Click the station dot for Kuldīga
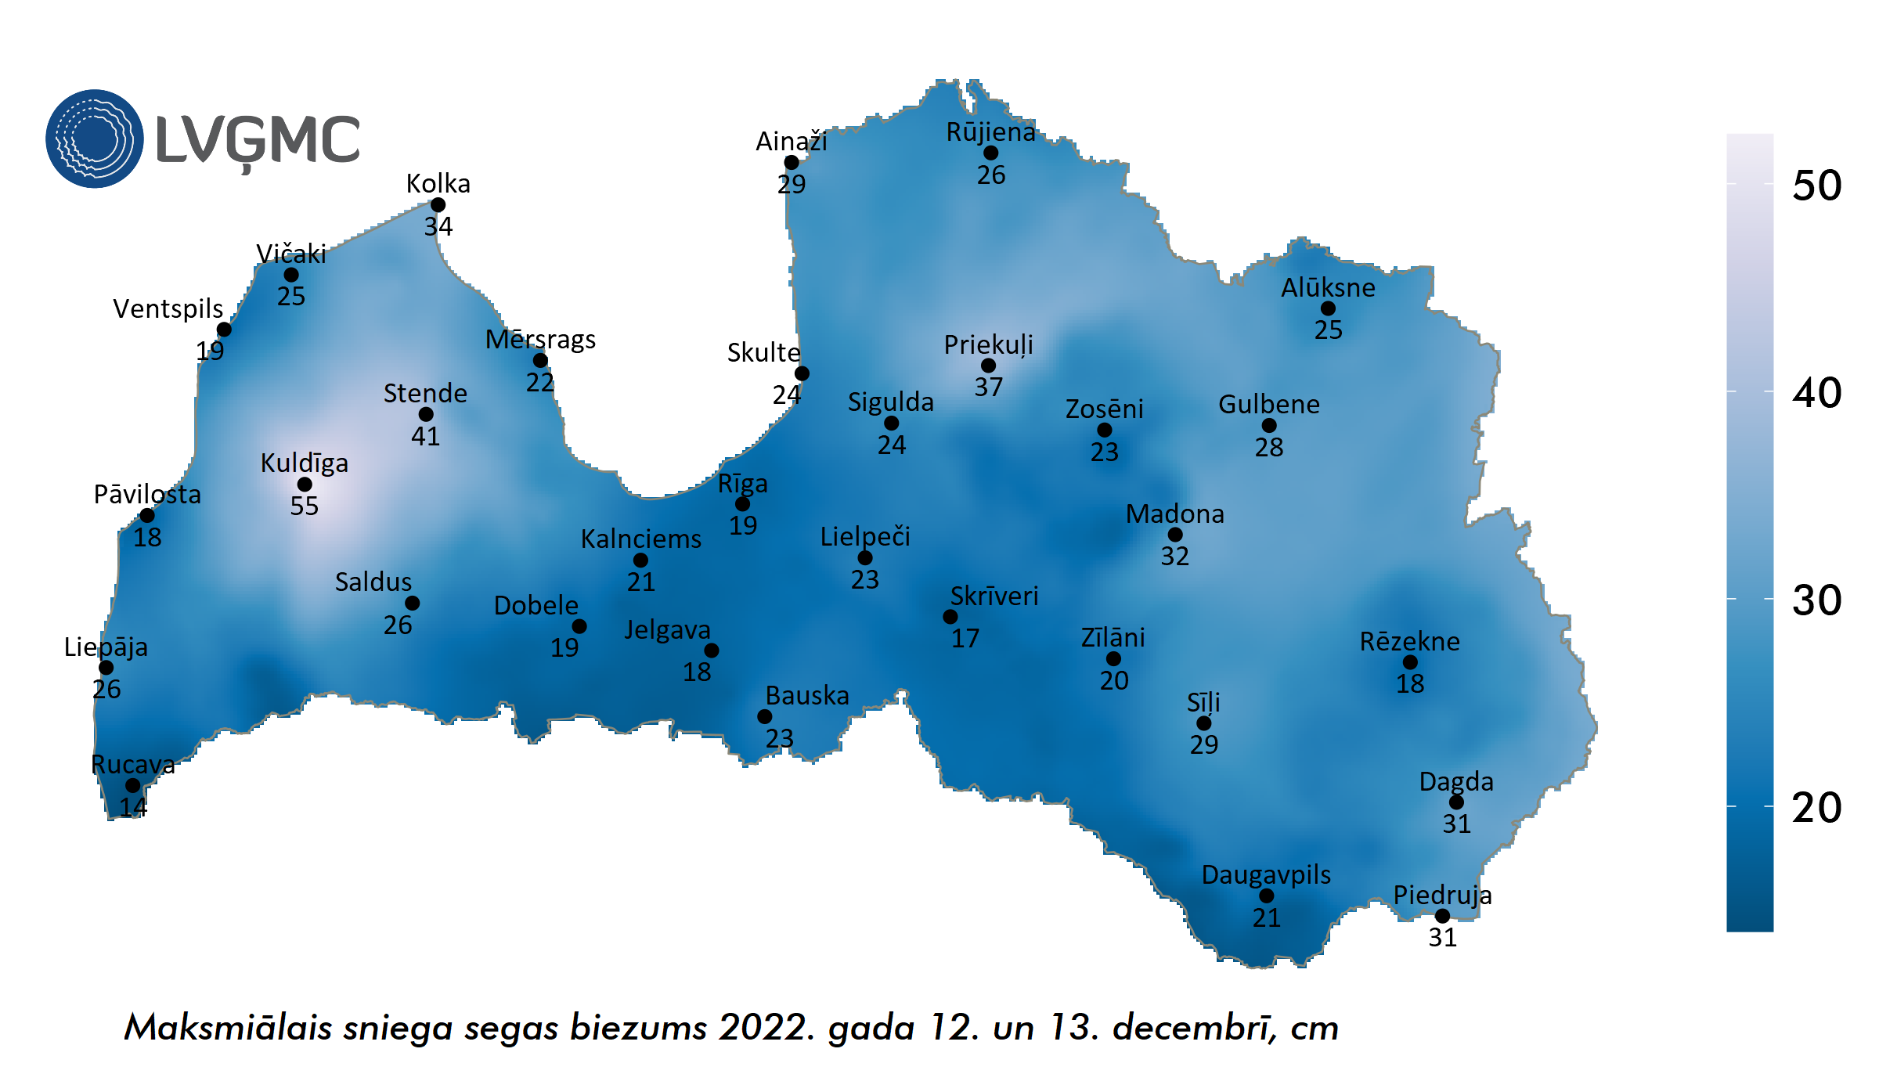coord(305,485)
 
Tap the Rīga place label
coord(742,484)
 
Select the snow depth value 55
coord(305,506)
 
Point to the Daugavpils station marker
coord(1266,896)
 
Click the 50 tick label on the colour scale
coord(1816,186)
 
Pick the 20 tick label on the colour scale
coord(1816,808)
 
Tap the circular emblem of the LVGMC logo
coord(95,139)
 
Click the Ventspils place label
coord(168,309)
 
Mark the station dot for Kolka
coord(438,205)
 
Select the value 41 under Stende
coord(425,436)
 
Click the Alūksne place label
coord(1328,288)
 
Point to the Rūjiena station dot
coord(990,153)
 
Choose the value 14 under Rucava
coord(133,807)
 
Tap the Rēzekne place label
coord(1409,642)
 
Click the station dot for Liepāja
coord(106,668)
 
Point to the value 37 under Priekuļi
coord(988,387)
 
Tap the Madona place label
coord(1174,514)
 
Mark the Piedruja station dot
coord(1442,916)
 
